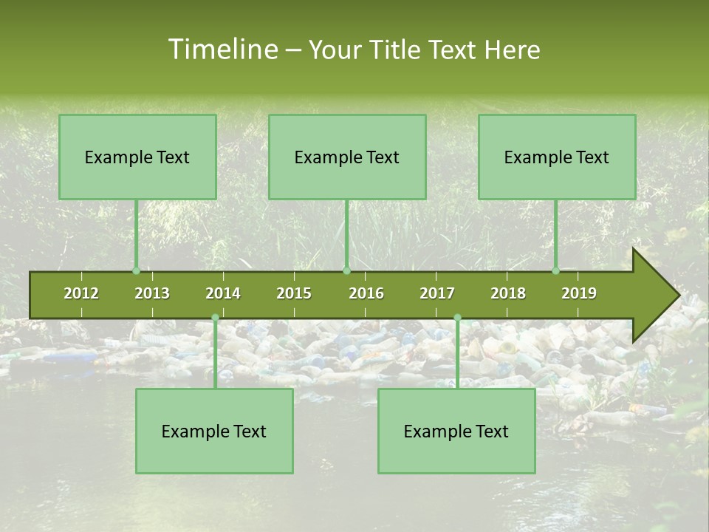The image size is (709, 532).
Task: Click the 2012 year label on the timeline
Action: (81, 293)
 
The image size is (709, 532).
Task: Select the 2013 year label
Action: (152, 293)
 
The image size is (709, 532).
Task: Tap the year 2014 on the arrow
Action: (223, 293)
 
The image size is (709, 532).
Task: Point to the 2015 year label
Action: (294, 293)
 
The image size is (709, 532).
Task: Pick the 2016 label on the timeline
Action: (366, 293)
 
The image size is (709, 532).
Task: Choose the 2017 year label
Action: (437, 293)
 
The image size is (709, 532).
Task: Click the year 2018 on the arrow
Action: (508, 293)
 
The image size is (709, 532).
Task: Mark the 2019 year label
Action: (579, 293)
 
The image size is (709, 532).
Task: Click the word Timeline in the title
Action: (221, 50)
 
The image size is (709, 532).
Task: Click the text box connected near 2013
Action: (137, 157)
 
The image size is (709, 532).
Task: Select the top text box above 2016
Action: (347, 157)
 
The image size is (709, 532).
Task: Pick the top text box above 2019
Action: (557, 157)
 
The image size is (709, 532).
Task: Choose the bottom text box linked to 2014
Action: (214, 431)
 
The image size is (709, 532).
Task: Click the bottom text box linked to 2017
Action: (456, 431)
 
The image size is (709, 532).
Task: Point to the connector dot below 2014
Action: (215, 318)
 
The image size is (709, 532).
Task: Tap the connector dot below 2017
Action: (457, 318)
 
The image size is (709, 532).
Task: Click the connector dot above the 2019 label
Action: (555, 271)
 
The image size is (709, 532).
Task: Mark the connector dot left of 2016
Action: (346, 271)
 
